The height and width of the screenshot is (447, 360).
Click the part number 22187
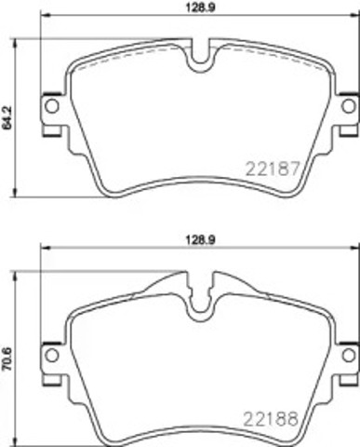[x=272, y=170]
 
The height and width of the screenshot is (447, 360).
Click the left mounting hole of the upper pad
[x=51, y=106]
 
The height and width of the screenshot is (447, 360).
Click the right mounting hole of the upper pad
[x=347, y=106]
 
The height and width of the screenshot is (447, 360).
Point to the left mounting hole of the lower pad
[x=51, y=356]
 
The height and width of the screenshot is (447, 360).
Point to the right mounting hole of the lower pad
[x=347, y=356]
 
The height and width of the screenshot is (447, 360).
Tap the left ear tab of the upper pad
[x=48, y=108]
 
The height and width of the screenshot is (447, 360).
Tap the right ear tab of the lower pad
[x=348, y=357]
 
